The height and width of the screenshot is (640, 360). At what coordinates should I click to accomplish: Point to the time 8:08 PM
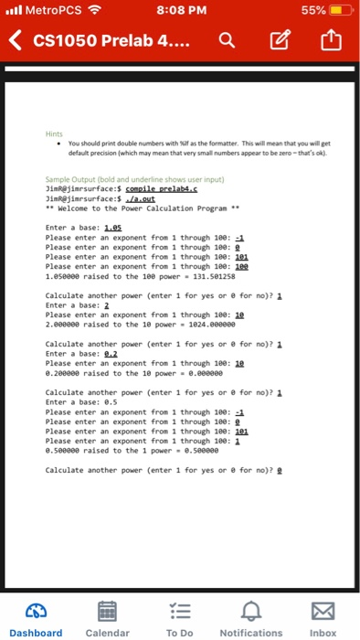click(179, 13)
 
